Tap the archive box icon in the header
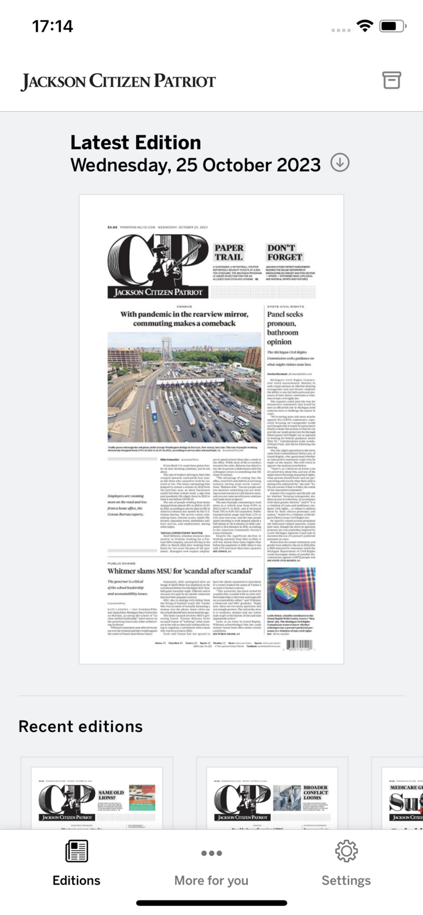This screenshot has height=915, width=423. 391,80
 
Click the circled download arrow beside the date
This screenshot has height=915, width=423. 340,163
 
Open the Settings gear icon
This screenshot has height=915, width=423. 346,851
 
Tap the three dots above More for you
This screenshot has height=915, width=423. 211,853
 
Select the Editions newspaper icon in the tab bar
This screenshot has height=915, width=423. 76,851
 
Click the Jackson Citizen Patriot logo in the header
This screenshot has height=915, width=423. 118,81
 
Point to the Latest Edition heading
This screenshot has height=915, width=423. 136,143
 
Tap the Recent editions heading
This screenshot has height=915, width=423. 81,726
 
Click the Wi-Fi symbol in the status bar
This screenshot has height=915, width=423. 365,26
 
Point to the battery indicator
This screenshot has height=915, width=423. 392,26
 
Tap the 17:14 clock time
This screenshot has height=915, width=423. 52,26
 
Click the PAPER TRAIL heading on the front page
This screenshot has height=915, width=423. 229,253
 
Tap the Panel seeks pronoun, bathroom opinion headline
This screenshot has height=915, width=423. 283,328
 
